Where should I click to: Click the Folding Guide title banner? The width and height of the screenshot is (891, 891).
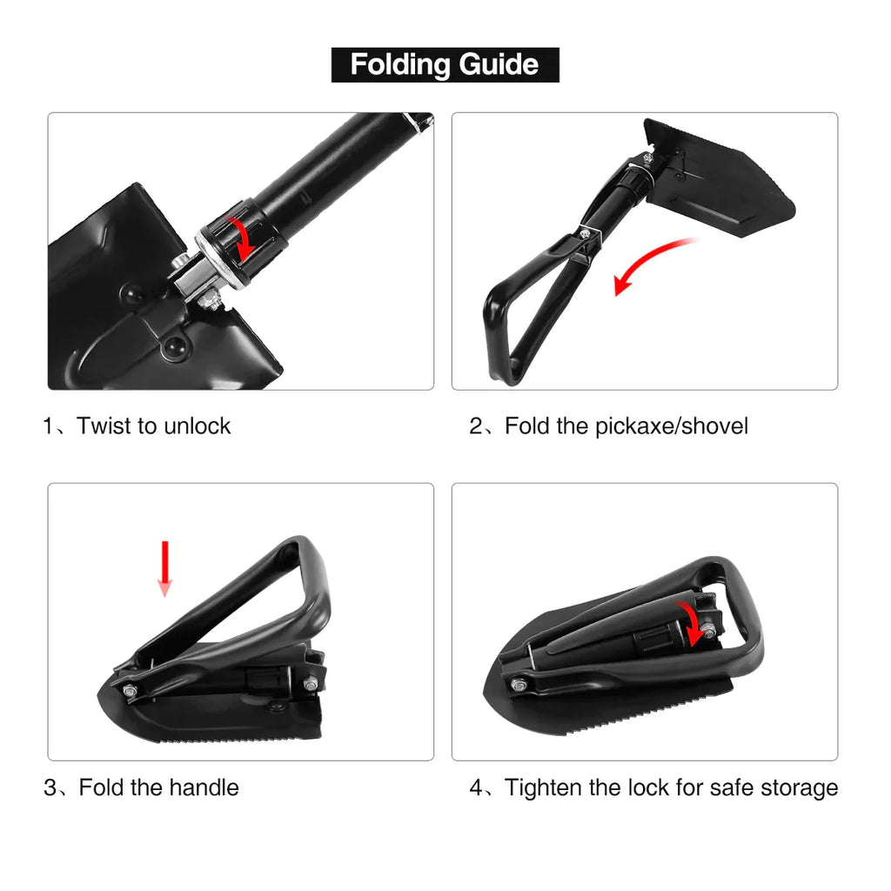click(x=445, y=64)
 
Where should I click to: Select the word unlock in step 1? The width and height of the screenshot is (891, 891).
click(x=196, y=426)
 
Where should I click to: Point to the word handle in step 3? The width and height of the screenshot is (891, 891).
click(x=204, y=788)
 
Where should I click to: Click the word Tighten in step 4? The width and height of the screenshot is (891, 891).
click(x=544, y=788)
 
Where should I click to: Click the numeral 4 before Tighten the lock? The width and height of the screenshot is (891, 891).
click(x=477, y=788)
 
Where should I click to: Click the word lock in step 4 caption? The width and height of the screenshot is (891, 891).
click(x=654, y=788)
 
